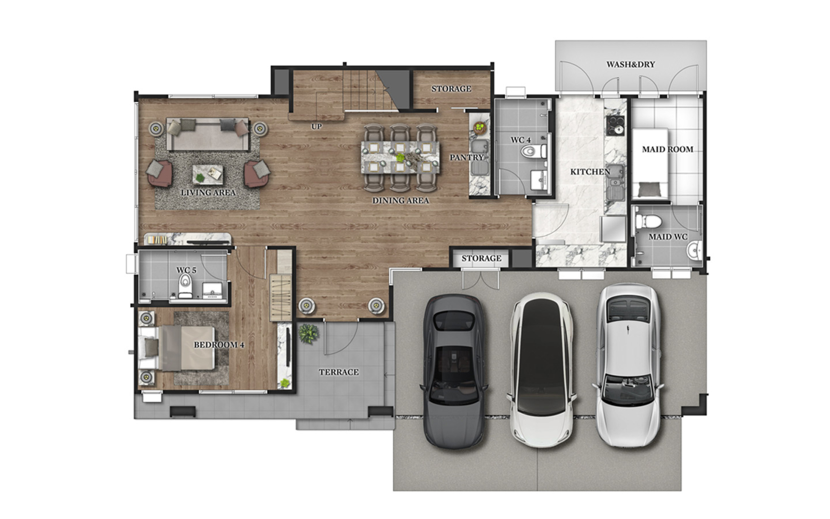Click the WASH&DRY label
click(x=630, y=64)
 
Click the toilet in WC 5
click(x=185, y=286)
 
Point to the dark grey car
click(x=455, y=371)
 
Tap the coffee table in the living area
click(x=208, y=174)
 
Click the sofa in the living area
click(x=208, y=134)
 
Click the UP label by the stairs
click(x=316, y=127)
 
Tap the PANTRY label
click(x=466, y=157)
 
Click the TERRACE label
click(x=339, y=372)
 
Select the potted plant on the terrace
click(x=308, y=333)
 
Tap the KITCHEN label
click(x=590, y=171)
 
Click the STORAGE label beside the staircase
click(x=451, y=89)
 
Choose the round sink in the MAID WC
click(x=694, y=251)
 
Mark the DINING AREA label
click(x=400, y=200)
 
